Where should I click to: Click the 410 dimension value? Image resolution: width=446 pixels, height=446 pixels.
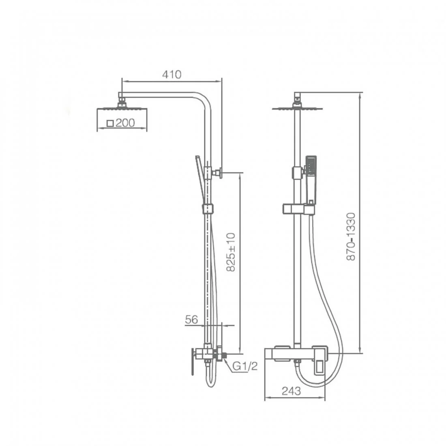click(172, 75)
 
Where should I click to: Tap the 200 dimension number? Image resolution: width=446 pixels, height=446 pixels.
click(125, 123)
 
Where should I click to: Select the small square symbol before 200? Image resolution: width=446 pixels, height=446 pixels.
click(110, 123)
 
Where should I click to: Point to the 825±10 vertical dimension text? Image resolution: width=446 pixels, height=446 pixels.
click(231, 252)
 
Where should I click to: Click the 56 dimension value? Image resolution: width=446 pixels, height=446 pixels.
click(191, 319)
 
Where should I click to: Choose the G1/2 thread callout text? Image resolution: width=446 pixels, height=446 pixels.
click(245, 366)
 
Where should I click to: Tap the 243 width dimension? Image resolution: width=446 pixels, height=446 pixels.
click(291, 391)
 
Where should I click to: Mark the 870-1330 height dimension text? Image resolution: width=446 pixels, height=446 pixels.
click(351, 236)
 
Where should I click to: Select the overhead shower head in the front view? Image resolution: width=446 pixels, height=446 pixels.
click(297, 107)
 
